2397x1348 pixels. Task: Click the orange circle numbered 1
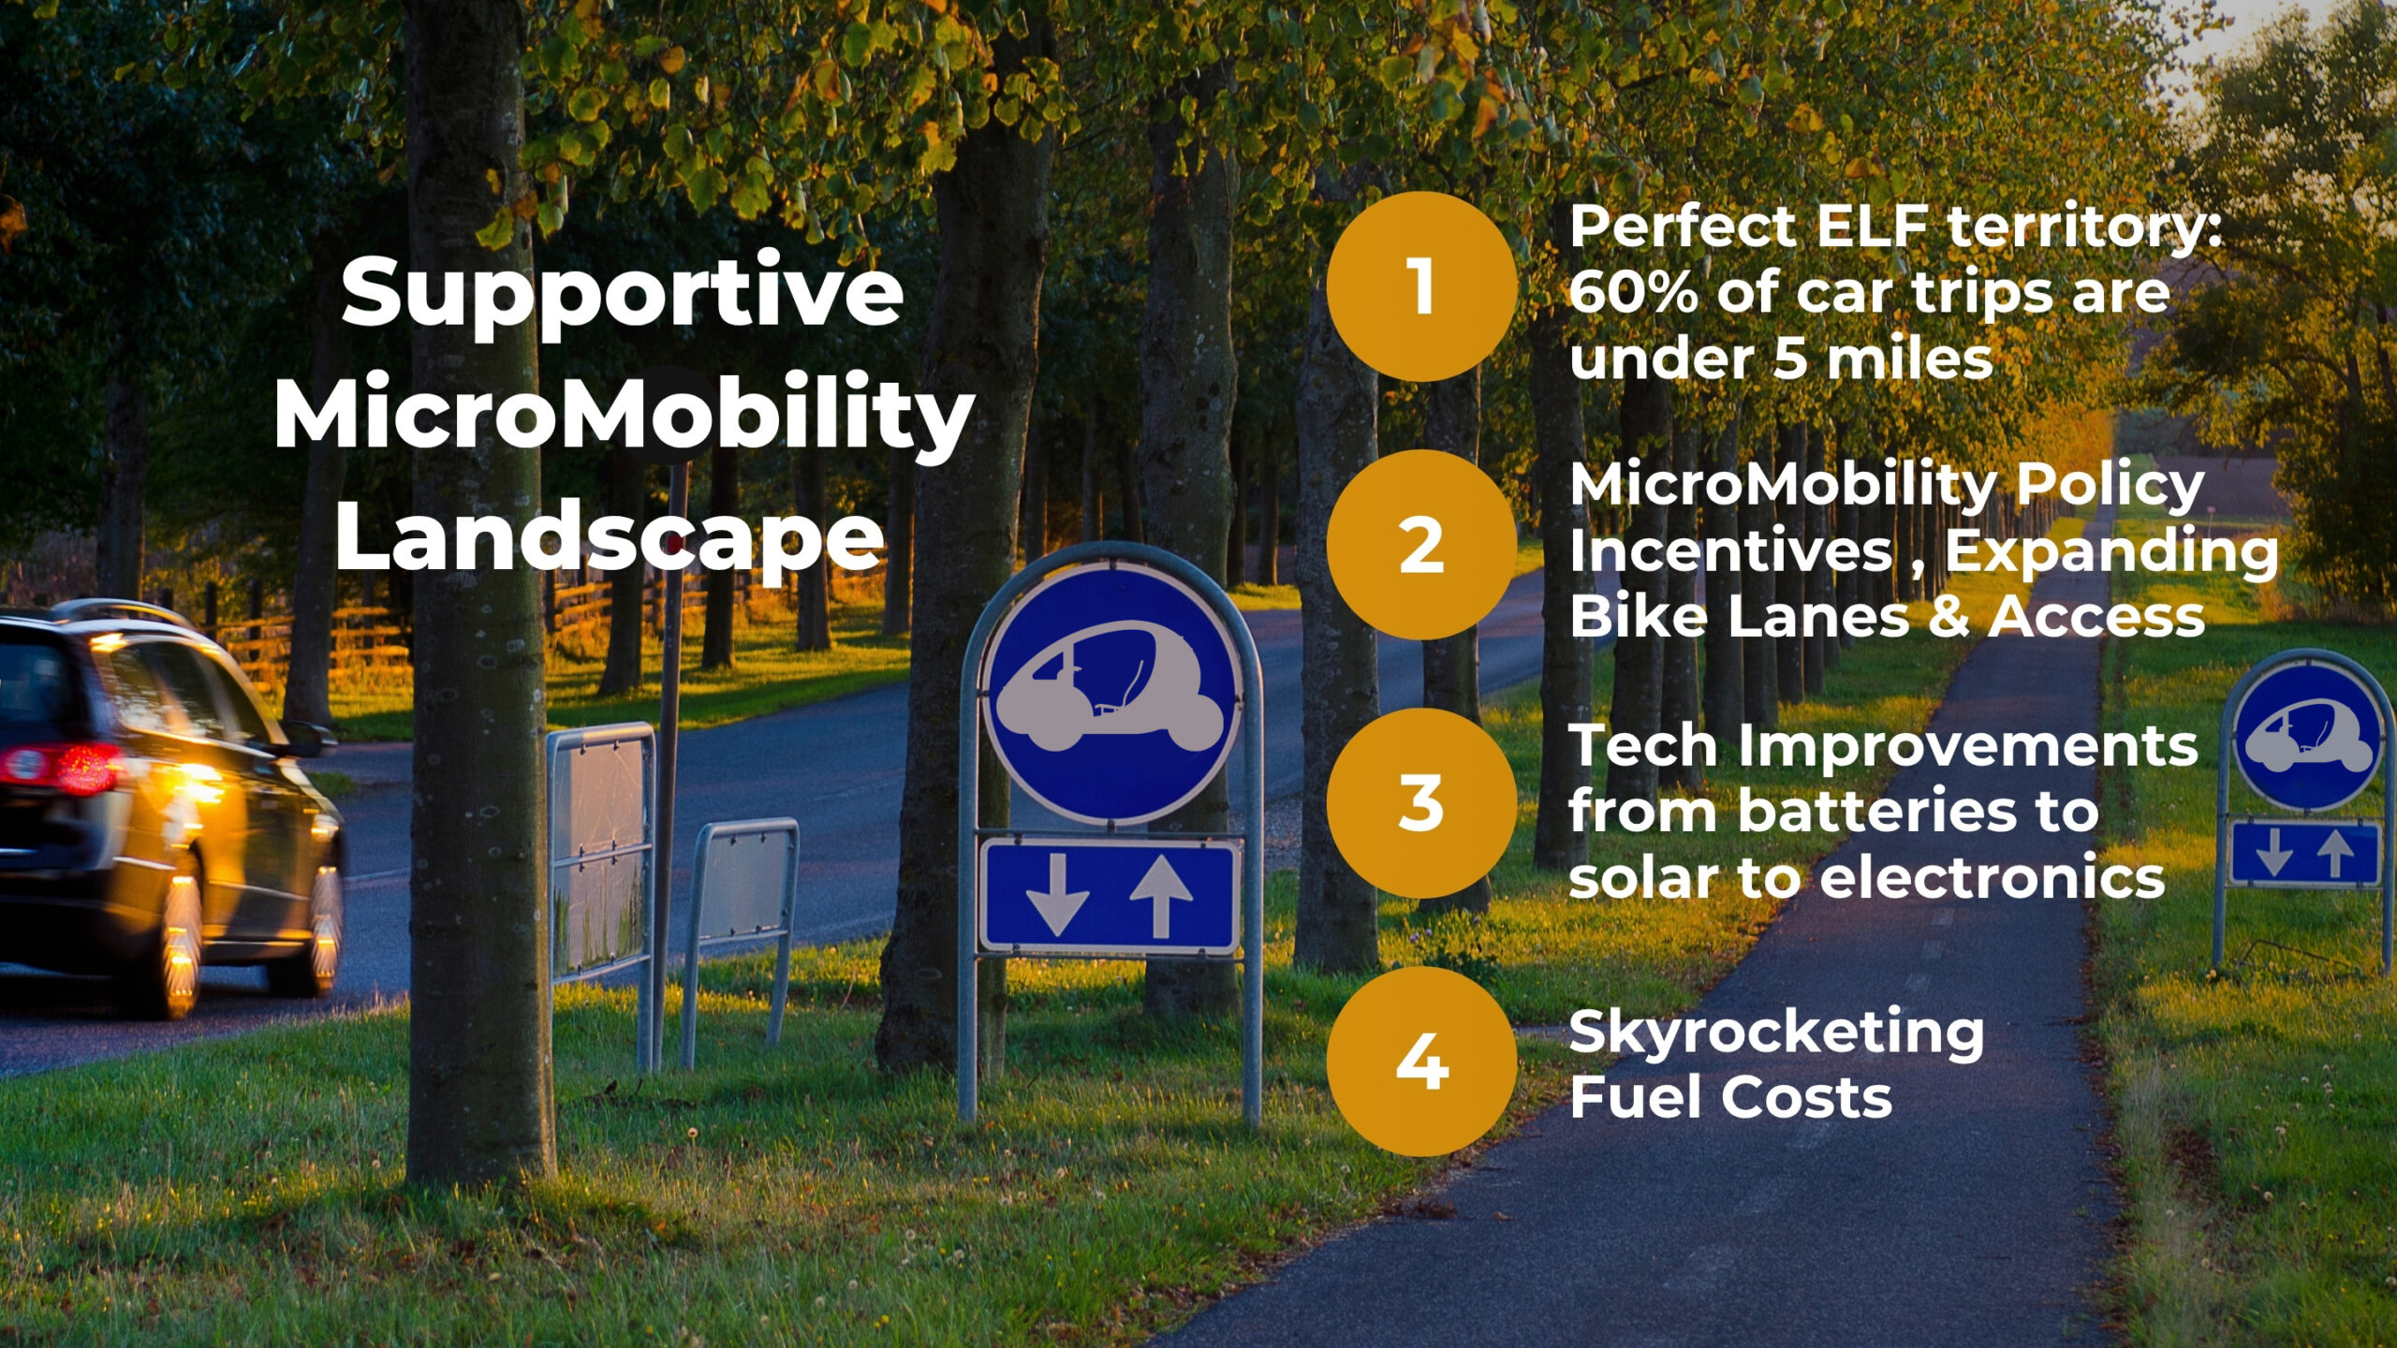[1421, 286]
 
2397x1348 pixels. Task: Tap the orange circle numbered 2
[1421, 545]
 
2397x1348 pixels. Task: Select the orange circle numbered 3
[1421, 803]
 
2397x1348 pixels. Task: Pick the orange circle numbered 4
[1421, 1062]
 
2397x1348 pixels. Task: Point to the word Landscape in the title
[610, 535]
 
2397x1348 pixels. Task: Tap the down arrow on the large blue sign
[1057, 895]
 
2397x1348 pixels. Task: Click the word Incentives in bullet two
[1730, 550]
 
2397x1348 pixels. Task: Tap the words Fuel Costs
[1730, 1097]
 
